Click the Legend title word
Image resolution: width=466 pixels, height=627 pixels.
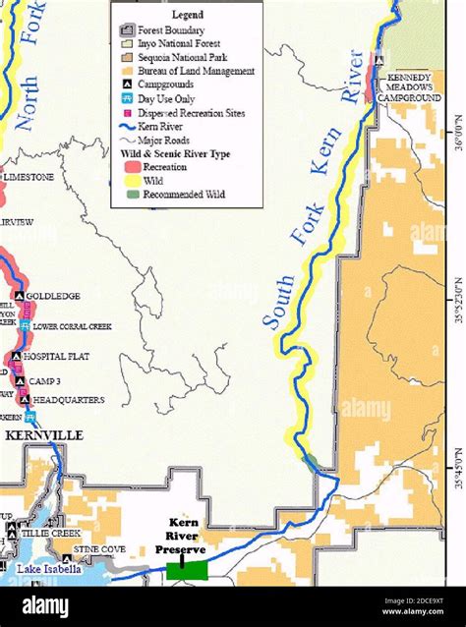pyautogui.click(x=187, y=16)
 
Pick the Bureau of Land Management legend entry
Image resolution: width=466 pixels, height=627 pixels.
pyautogui.click(x=196, y=71)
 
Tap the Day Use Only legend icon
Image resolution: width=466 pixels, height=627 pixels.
pyautogui.click(x=127, y=99)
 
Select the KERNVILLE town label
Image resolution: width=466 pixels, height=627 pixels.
pyautogui.click(x=43, y=435)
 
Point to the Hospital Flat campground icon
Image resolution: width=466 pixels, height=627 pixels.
pyautogui.click(x=17, y=357)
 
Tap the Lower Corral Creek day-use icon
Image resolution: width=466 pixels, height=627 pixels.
pyautogui.click(x=25, y=326)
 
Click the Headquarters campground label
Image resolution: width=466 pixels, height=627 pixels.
pyautogui.click(x=68, y=400)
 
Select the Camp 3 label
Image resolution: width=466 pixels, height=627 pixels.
pyautogui.click(x=45, y=381)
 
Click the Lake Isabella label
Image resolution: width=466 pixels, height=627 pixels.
pyautogui.click(x=49, y=569)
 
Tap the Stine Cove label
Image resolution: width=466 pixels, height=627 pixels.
pyautogui.click(x=99, y=549)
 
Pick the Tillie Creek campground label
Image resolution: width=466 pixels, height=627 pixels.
pyautogui.click(x=50, y=533)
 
